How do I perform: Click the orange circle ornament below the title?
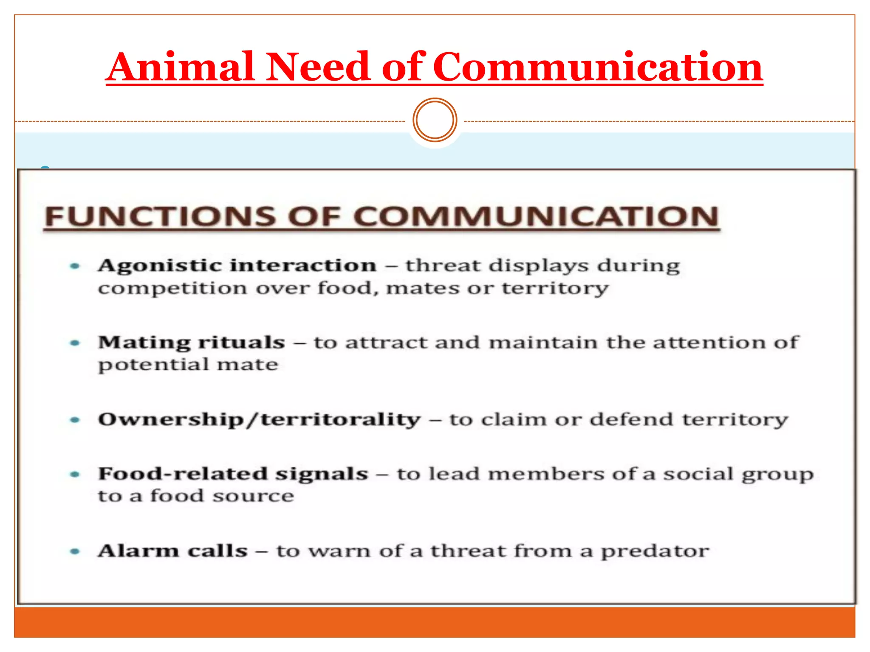click(435, 120)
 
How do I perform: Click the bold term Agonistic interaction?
click(237, 266)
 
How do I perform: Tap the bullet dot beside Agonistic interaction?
click(75, 266)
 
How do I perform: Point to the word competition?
click(172, 289)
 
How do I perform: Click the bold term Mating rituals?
click(192, 343)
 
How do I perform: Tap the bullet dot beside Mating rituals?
click(75, 343)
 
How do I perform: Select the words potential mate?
click(188, 365)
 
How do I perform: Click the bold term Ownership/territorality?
click(259, 420)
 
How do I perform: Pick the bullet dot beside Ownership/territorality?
click(75, 420)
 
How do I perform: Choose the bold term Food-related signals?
click(233, 474)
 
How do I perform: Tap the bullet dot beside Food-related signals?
click(75, 474)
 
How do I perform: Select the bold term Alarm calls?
click(172, 551)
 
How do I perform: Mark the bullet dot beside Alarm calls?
click(75, 551)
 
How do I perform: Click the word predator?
click(655, 551)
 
